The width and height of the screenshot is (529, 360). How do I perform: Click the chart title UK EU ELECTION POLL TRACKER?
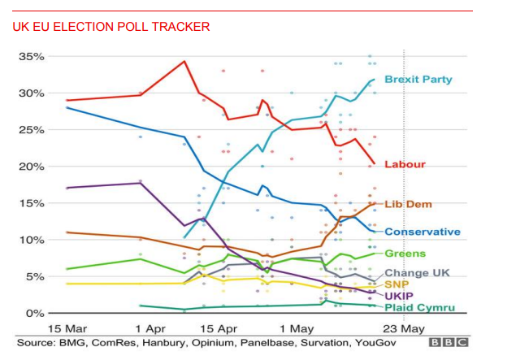tap(111, 27)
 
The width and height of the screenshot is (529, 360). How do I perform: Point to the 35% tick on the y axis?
tap(32, 57)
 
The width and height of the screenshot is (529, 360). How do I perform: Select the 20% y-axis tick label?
tap(32, 167)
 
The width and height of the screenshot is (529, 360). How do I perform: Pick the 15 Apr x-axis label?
tap(217, 328)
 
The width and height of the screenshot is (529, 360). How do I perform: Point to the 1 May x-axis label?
tap(295, 328)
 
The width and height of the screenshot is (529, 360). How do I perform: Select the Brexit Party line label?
tap(418, 80)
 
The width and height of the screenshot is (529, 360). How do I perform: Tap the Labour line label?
tap(405, 164)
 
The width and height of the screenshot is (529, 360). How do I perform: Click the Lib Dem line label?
tap(409, 204)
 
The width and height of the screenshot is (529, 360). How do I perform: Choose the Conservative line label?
tap(423, 232)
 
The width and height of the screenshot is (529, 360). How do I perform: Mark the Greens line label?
tap(405, 254)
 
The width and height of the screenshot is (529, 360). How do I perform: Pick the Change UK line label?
tap(418, 273)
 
